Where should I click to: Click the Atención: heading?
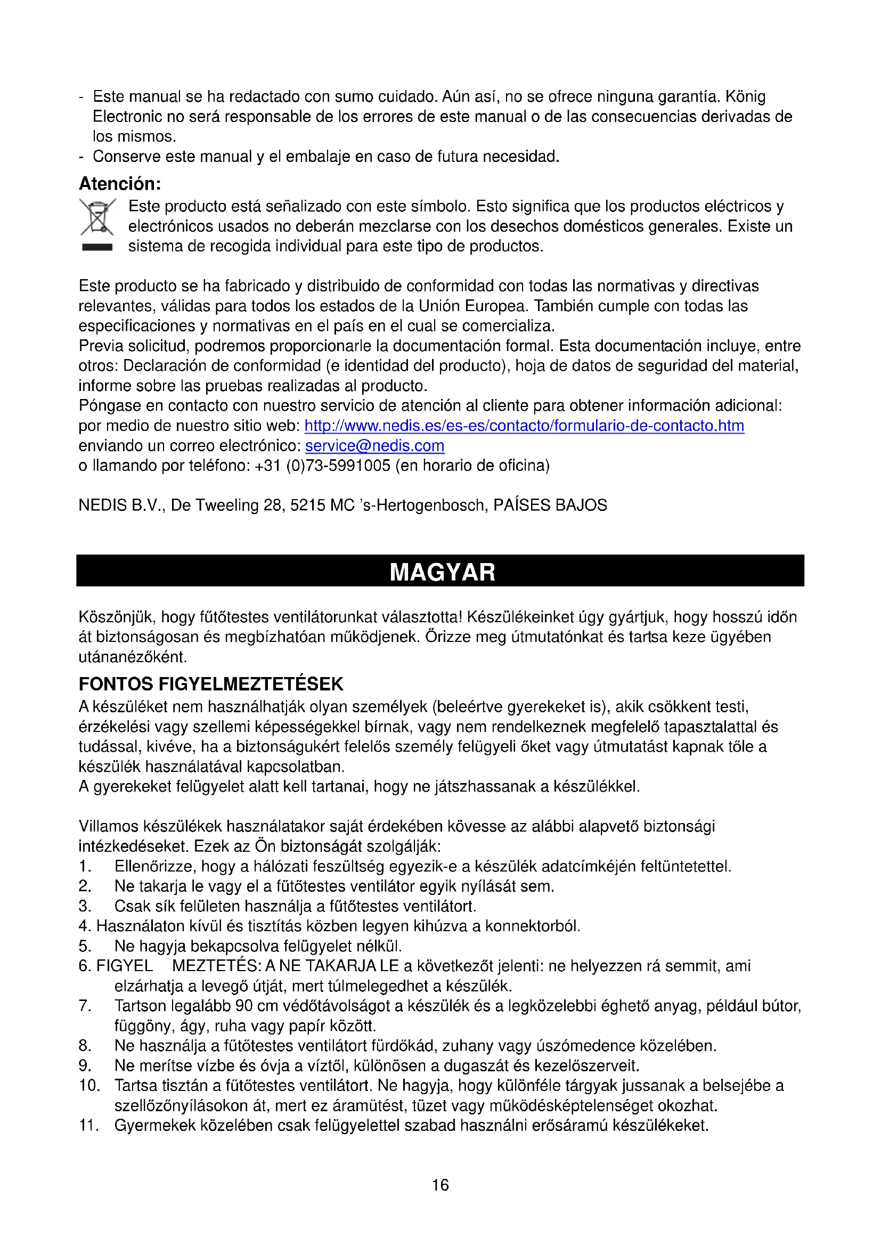click(120, 184)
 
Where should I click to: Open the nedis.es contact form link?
click(524, 426)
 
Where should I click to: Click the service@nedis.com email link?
click(375, 446)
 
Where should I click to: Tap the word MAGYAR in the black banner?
click(442, 573)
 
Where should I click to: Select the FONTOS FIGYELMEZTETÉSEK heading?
click(211, 684)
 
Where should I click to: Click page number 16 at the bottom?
click(440, 1185)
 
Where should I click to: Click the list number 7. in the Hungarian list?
click(85, 1006)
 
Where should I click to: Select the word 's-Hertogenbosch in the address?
click(423, 506)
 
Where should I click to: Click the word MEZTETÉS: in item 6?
click(216, 966)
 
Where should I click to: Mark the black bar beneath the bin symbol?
click(97, 248)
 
